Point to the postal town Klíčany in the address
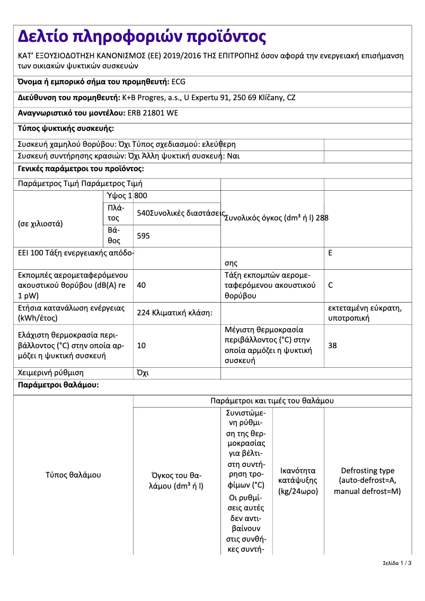point(269,98)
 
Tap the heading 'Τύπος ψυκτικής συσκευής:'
point(66,128)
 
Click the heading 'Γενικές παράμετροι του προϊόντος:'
point(81,169)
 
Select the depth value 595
point(143,236)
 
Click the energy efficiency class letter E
point(330,253)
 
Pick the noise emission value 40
point(141,285)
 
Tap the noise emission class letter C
point(331,285)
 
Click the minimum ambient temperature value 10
point(141,346)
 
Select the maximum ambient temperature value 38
point(332,346)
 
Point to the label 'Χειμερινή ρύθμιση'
point(51,373)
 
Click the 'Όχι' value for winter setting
point(143,373)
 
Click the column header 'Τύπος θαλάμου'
point(73,475)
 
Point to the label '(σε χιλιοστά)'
point(40,223)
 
